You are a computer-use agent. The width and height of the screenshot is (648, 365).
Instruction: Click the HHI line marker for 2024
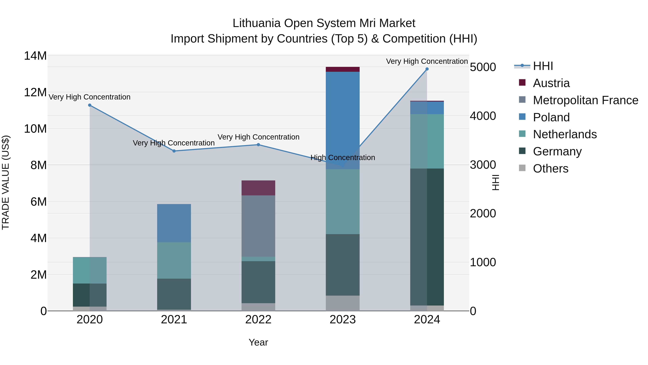427,69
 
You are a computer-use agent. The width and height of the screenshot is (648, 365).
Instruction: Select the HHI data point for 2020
90,105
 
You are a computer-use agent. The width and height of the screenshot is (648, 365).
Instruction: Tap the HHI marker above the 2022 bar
258,145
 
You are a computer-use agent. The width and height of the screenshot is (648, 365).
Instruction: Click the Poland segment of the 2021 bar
174,223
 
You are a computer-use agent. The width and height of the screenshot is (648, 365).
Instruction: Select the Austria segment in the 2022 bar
258,188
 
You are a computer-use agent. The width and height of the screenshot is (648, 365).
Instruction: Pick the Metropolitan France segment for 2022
258,226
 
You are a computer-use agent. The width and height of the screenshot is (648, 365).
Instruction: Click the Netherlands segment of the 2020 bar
90,270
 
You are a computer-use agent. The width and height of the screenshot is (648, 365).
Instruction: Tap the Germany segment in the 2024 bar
427,237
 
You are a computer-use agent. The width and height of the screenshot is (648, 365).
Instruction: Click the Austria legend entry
551,83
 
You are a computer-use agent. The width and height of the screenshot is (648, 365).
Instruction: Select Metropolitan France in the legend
585,100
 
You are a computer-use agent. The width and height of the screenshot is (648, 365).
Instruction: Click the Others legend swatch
522,168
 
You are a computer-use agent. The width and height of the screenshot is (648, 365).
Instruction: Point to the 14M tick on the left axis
35,56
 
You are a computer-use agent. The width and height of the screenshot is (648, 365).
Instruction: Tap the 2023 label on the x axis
343,320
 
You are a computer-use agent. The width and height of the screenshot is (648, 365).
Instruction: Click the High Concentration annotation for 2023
343,158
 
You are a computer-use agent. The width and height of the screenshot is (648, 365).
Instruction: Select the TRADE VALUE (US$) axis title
6,182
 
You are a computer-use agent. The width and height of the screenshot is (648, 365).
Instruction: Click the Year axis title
258,342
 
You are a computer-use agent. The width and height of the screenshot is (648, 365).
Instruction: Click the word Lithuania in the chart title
256,23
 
